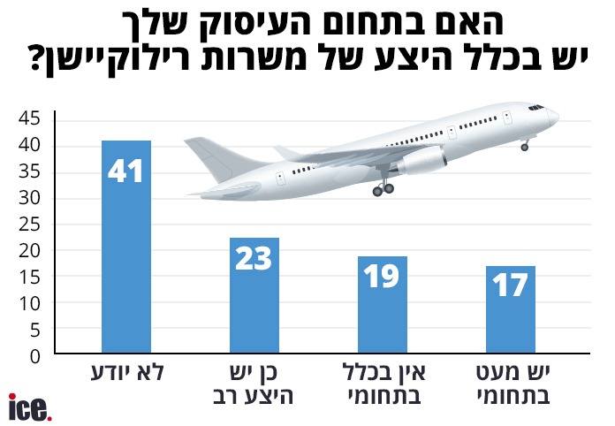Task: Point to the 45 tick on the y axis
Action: pyautogui.click(x=30, y=118)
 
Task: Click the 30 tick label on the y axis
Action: pyautogui.click(x=30, y=198)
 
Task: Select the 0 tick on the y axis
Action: pyautogui.click(x=35, y=355)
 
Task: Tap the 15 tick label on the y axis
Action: pyautogui.click(x=30, y=277)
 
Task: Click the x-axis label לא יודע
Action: pyautogui.click(x=125, y=371)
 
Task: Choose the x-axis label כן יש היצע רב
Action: pyautogui.click(x=254, y=383)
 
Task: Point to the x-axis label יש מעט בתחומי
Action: pyautogui.click(x=510, y=383)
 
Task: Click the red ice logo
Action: pyautogui.click(x=30, y=407)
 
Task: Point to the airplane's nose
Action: pyautogui.click(x=553, y=114)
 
